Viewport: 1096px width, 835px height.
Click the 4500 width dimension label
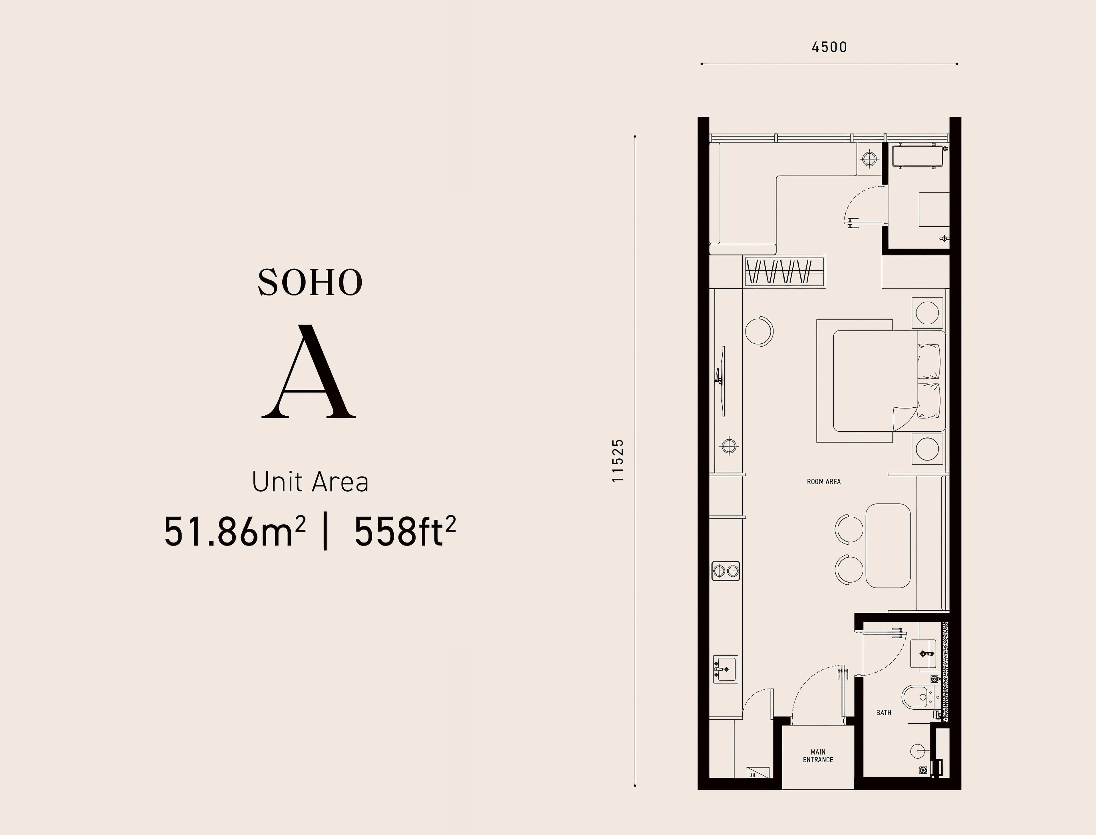(x=829, y=47)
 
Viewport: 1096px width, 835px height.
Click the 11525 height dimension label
(x=618, y=460)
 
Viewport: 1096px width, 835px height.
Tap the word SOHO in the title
(x=310, y=283)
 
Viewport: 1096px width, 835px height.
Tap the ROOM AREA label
(x=824, y=482)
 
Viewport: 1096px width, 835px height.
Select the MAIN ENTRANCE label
(x=818, y=756)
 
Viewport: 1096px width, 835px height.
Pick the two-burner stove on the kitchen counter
(x=726, y=571)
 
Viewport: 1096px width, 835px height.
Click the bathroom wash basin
(x=924, y=654)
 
